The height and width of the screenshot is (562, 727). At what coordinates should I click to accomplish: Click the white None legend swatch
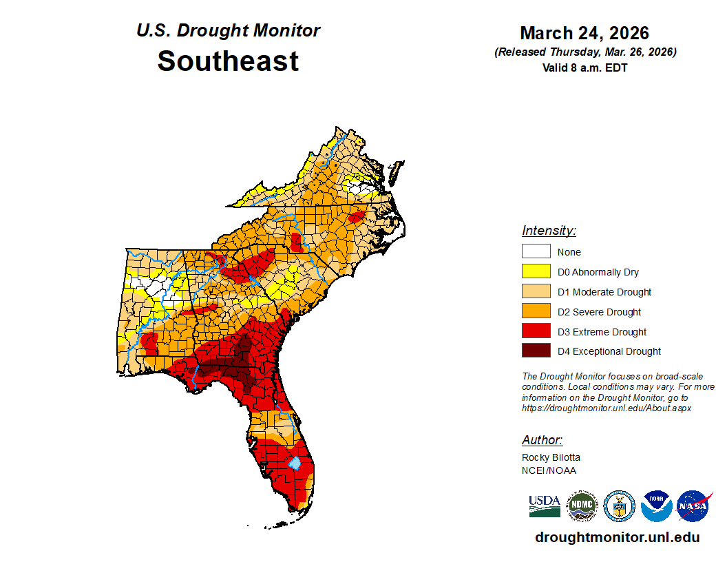pos(536,251)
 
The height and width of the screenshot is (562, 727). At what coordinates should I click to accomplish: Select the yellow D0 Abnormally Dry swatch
pos(536,271)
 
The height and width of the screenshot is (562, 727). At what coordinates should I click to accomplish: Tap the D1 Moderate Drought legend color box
pos(536,291)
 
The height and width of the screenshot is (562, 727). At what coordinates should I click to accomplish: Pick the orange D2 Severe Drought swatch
pos(536,311)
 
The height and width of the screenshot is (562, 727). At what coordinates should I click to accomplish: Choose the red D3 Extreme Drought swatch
pos(536,331)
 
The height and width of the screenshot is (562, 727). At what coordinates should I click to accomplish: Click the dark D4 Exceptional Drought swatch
pos(536,351)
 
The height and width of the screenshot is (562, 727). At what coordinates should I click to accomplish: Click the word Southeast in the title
pos(228,61)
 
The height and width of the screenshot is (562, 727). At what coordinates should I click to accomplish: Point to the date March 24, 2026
pos(584,33)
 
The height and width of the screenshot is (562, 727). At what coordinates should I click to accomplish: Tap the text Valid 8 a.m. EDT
pos(584,67)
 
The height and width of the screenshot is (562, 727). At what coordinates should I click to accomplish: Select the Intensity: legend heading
pos(549,230)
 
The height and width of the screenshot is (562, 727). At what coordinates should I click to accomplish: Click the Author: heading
pos(542,439)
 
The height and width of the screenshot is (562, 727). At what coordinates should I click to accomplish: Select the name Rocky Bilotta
pos(551,457)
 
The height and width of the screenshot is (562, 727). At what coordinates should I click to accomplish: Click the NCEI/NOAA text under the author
pos(549,470)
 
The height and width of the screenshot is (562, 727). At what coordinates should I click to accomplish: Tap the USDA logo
pos(545,506)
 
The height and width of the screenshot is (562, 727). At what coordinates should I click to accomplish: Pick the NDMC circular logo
pos(582,506)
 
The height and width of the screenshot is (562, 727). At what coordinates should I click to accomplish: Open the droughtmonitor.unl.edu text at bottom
pos(617,537)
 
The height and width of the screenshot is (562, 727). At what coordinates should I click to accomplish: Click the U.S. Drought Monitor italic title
pos(228,31)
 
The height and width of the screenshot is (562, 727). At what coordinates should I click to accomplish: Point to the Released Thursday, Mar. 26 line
pos(584,52)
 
